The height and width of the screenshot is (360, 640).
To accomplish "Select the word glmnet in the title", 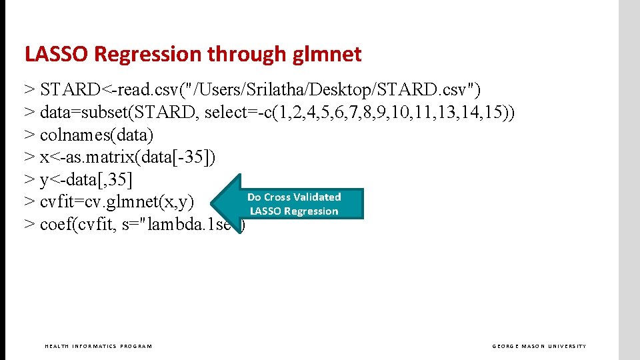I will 327,54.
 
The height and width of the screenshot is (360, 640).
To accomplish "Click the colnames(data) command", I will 97,135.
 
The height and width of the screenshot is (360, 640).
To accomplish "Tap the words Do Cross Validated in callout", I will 294,197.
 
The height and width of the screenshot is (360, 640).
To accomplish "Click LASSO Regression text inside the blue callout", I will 294,211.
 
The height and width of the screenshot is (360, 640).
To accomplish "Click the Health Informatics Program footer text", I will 98,346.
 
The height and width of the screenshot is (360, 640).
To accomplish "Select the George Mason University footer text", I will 539,346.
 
